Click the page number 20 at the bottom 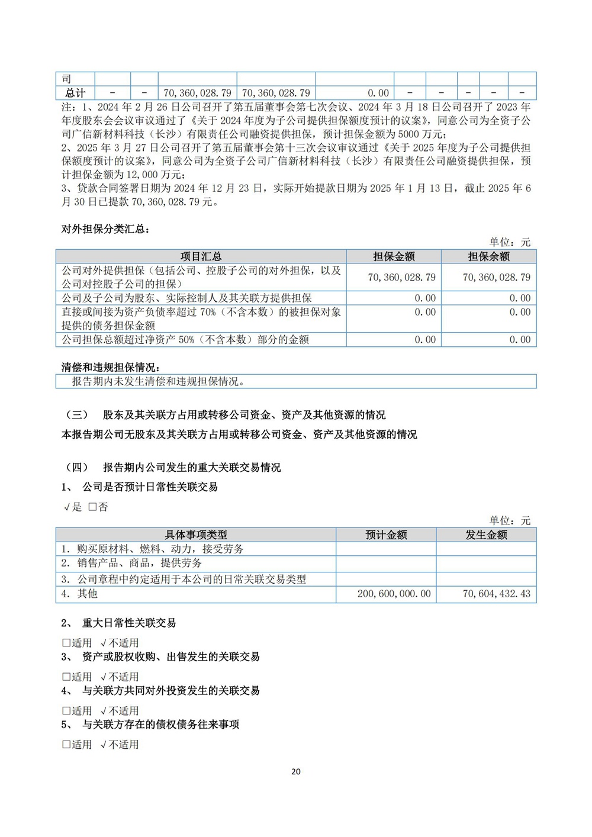pyautogui.click(x=296, y=771)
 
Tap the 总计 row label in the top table pyautogui.click(x=75, y=93)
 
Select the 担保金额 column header pyautogui.click(x=394, y=256)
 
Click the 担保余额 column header pyautogui.click(x=488, y=256)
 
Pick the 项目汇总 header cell pyautogui.click(x=201, y=256)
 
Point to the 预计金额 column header pyautogui.click(x=386, y=535)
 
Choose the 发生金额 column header pyautogui.click(x=486, y=535)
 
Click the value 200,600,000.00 pyautogui.click(x=394, y=594)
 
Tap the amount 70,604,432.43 pyautogui.click(x=496, y=594)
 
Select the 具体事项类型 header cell pyautogui.click(x=195, y=535)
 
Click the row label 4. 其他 pyautogui.click(x=79, y=594)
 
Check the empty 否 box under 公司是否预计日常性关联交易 pyautogui.click(x=92, y=507)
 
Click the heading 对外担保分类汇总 pyautogui.click(x=105, y=229)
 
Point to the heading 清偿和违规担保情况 pyautogui.click(x=111, y=368)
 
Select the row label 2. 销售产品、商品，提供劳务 pyautogui.click(x=131, y=563)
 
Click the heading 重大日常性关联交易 pyautogui.click(x=128, y=623)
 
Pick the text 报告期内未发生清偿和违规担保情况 pyautogui.click(x=158, y=382)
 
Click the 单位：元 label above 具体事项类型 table pyautogui.click(x=510, y=520)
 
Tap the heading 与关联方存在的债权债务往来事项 pyautogui.click(x=160, y=725)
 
